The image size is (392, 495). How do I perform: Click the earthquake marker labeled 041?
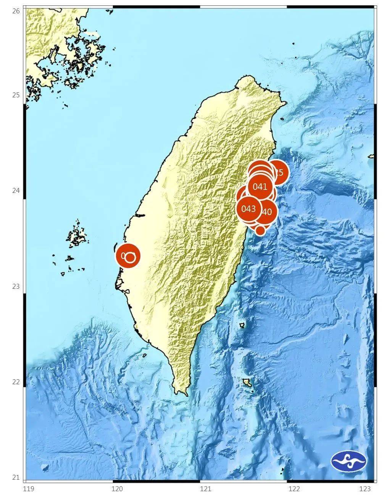pyautogui.click(x=260, y=187)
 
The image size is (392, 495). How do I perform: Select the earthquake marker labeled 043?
pyautogui.click(x=249, y=209)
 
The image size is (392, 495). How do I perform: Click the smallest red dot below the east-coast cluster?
pyautogui.click(x=260, y=230)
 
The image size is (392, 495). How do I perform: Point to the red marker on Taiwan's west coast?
pyautogui.click(x=128, y=256)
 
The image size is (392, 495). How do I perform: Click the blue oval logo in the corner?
pyautogui.click(x=348, y=461)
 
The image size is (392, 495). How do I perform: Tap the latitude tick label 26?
pyautogui.click(x=16, y=11)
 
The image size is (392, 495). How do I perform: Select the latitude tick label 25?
pyautogui.click(x=16, y=95)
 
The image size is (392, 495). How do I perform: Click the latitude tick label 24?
pyautogui.click(x=16, y=191)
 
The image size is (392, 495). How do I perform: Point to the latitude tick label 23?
pyautogui.click(x=16, y=286)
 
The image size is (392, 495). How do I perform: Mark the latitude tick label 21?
pyautogui.click(x=16, y=477)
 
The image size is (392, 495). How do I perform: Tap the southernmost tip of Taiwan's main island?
pyautogui.click(x=186, y=394)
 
